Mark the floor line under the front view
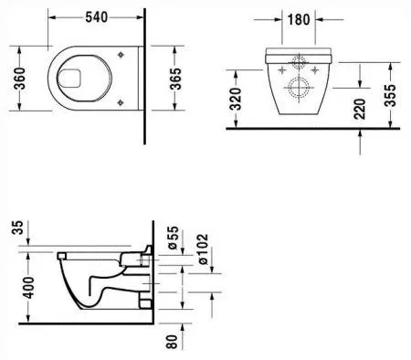[x=311, y=129]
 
